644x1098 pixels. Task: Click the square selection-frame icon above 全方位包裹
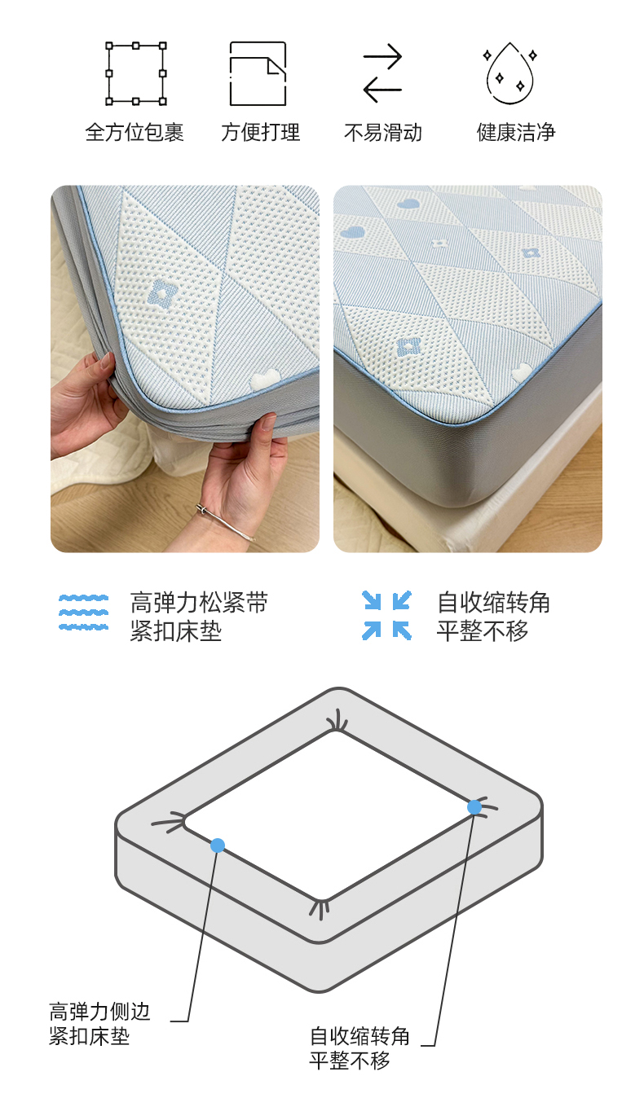click(x=136, y=73)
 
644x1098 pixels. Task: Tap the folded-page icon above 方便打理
click(x=258, y=73)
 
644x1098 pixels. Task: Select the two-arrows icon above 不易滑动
click(x=382, y=73)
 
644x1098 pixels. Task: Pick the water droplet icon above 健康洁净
click(x=510, y=73)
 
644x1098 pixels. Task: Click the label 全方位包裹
click(x=135, y=132)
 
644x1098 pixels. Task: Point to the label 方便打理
click(x=260, y=132)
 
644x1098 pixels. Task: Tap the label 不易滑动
click(x=383, y=132)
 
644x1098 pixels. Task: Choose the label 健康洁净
click(x=516, y=132)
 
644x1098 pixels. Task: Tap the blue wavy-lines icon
click(x=83, y=613)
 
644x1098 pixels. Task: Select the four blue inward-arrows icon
click(x=386, y=615)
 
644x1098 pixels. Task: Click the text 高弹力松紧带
click(x=199, y=603)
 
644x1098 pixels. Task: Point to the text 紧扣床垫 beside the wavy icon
click(x=176, y=630)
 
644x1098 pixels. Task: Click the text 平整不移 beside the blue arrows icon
click(x=483, y=630)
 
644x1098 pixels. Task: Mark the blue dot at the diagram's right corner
click(x=474, y=807)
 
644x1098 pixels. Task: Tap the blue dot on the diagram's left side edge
click(x=218, y=845)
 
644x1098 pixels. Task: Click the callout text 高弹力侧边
click(x=99, y=1011)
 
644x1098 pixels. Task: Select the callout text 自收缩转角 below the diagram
click(x=360, y=1036)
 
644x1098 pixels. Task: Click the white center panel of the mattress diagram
click(x=329, y=815)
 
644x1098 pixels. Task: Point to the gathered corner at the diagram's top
click(x=337, y=722)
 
